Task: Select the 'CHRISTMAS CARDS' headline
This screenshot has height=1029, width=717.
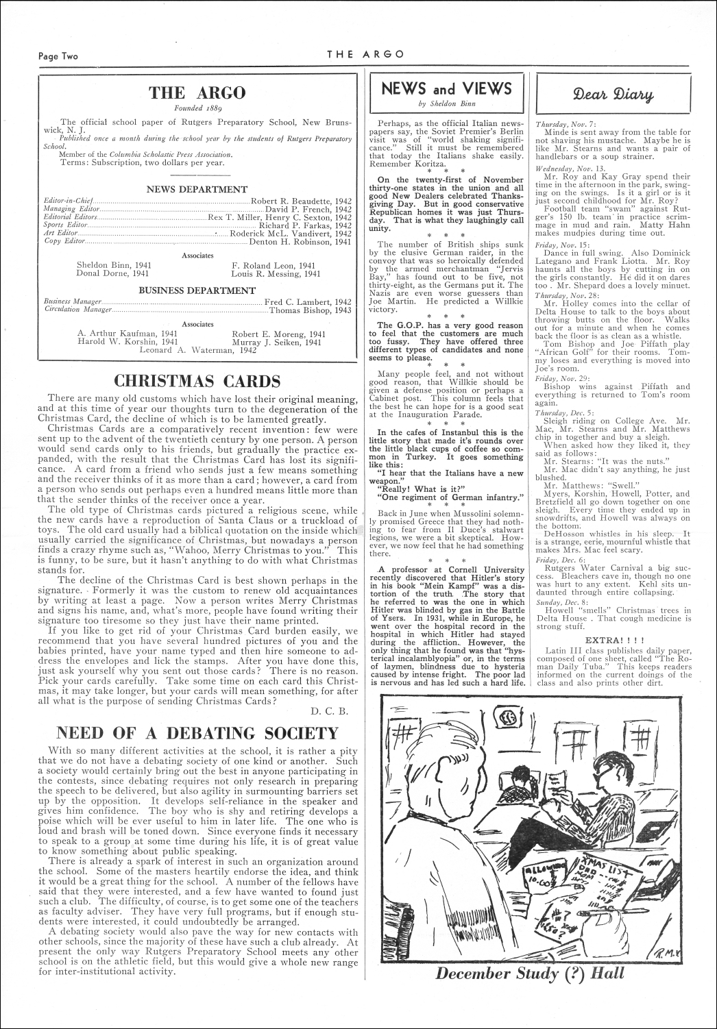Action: pos(197,382)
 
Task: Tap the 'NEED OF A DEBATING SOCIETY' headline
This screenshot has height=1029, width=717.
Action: pos(197,734)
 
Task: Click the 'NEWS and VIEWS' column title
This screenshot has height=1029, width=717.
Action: pos(446,88)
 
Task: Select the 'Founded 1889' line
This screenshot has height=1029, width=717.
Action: pos(197,108)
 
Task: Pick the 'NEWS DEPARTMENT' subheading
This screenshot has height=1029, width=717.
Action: pos(197,189)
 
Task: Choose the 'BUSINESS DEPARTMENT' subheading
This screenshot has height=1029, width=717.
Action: pos(197,290)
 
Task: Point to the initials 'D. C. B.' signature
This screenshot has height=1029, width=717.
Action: pos(335,710)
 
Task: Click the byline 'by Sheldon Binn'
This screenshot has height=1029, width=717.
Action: pos(446,103)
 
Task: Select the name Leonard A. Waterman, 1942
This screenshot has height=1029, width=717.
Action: pos(197,350)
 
